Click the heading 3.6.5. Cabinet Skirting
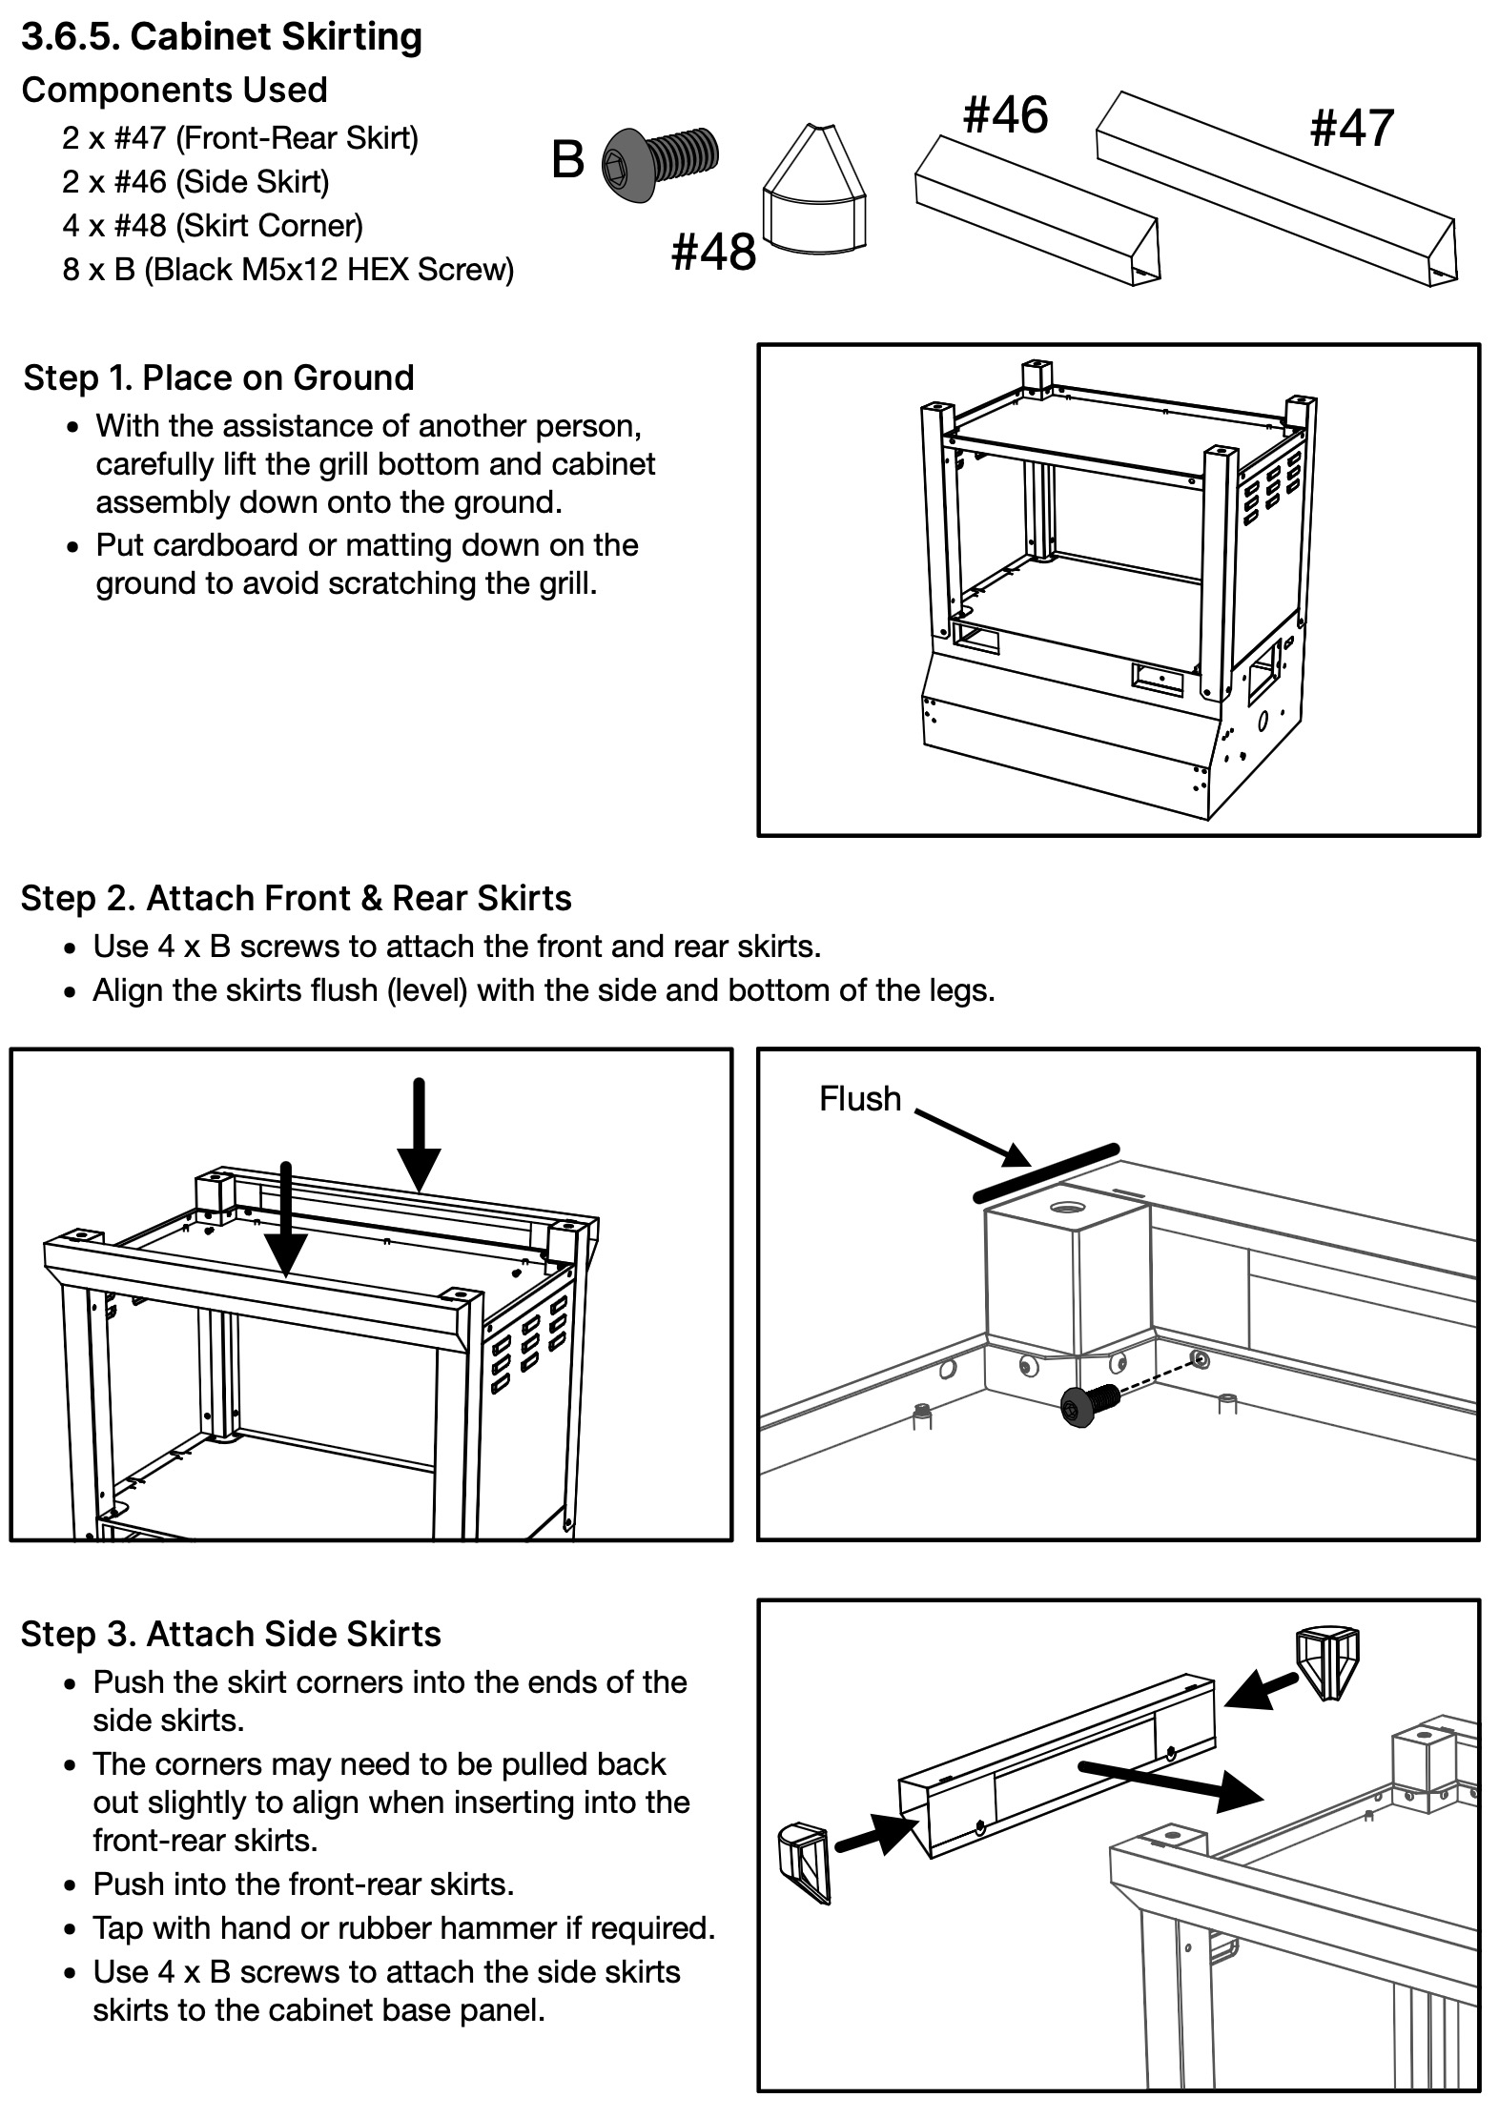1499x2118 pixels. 221,37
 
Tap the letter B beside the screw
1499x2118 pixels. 567,159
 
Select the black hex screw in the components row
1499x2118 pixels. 660,163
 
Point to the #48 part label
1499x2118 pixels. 713,252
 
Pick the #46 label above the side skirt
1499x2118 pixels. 1005,114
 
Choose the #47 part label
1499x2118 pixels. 1352,128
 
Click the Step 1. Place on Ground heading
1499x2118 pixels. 218,378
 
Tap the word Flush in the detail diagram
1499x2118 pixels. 860,1099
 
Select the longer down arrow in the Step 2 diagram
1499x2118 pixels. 419,1135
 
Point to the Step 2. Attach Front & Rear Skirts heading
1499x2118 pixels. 296,899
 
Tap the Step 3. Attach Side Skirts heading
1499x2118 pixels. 231,1635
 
